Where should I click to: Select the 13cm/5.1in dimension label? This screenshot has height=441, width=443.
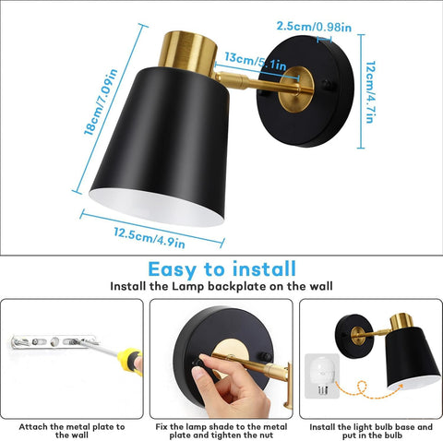pyautogui.click(x=254, y=61)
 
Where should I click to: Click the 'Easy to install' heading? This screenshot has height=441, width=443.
pyautogui.click(x=222, y=269)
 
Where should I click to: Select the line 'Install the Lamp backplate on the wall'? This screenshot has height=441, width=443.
pyautogui.click(x=221, y=287)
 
